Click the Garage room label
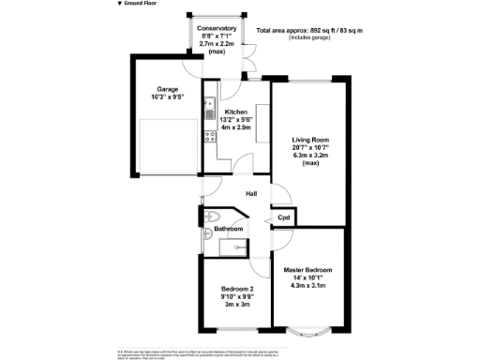coord(168,90)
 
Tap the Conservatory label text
coord(218,28)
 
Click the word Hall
coord(251,194)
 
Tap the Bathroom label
coord(229,229)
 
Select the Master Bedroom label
coord(307,270)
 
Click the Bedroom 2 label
coord(237,288)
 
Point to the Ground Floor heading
coord(140,4)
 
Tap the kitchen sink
coord(211,105)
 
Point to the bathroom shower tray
coord(231,246)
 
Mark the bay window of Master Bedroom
coord(307,329)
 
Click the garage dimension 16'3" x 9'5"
coord(168,97)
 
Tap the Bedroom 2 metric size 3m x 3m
coord(236,305)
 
